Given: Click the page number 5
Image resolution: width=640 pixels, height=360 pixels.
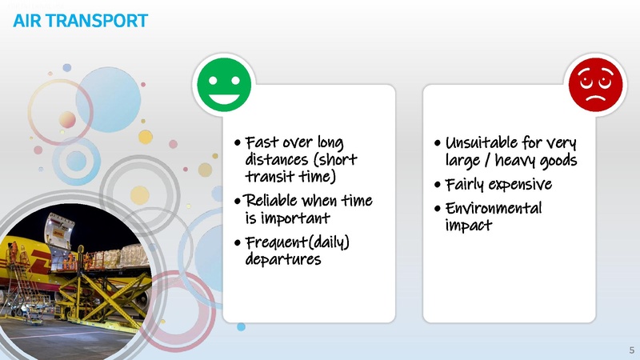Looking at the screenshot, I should pyautogui.click(x=631, y=350).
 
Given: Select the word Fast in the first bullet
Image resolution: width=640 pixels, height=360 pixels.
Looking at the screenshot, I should pyautogui.click(x=262, y=143).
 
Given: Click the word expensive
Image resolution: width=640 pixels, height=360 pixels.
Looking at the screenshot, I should pyautogui.click(x=522, y=185).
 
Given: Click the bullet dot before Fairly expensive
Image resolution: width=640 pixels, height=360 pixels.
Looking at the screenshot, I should pyautogui.click(x=436, y=186).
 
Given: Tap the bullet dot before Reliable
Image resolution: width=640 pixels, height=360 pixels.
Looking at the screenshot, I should pyautogui.click(x=238, y=200).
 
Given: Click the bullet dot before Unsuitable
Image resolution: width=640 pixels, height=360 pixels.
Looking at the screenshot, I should pyautogui.click(x=436, y=144).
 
